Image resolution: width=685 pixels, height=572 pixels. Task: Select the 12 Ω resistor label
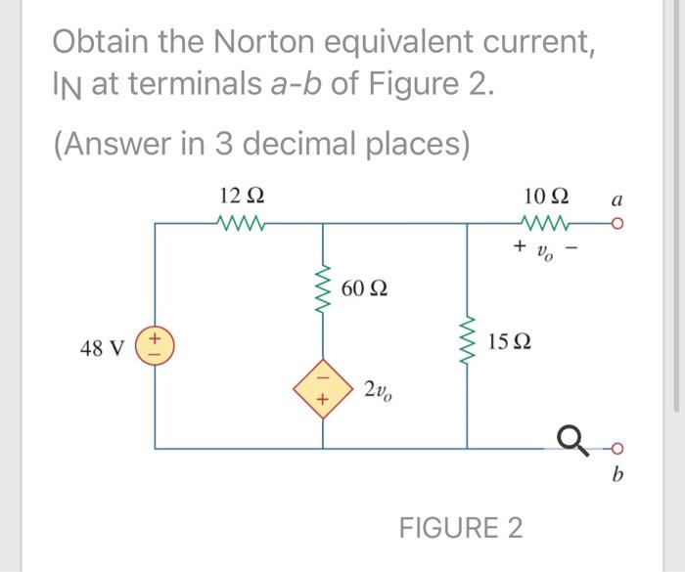239,196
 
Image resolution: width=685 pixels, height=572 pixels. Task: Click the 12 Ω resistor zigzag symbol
239,224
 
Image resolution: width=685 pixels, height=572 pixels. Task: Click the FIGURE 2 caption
460,527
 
